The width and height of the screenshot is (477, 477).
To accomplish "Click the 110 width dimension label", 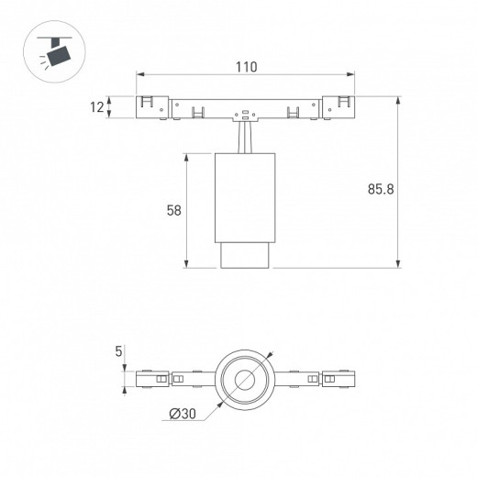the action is click(x=246, y=67).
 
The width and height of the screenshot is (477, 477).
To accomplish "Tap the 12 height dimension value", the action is click(x=97, y=107).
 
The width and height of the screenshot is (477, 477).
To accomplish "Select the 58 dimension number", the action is click(x=174, y=210).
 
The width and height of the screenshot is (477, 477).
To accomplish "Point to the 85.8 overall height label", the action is click(x=381, y=189).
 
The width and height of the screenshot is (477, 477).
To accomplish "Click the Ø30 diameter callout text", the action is click(x=183, y=414).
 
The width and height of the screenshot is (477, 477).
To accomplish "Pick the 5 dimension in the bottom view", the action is click(x=118, y=351).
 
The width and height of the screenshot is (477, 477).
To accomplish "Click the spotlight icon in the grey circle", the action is click(x=54, y=51).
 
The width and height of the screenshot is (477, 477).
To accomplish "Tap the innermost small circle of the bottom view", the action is click(x=245, y=380).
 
